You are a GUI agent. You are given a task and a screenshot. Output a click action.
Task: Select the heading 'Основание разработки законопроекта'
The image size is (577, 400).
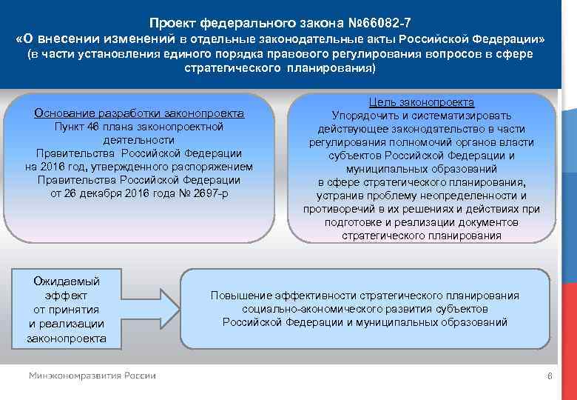coord(139,113)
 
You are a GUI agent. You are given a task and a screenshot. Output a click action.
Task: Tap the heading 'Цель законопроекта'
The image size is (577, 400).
coord(422,102)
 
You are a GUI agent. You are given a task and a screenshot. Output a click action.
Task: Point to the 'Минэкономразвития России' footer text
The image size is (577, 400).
coord(92,376)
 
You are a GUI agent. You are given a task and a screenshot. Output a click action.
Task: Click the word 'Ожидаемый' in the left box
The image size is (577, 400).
coord(67,281)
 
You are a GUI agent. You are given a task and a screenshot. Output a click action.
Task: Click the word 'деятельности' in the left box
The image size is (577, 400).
coord(139,139)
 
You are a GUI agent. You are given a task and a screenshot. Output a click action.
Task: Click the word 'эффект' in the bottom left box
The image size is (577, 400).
coord(67,295)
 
